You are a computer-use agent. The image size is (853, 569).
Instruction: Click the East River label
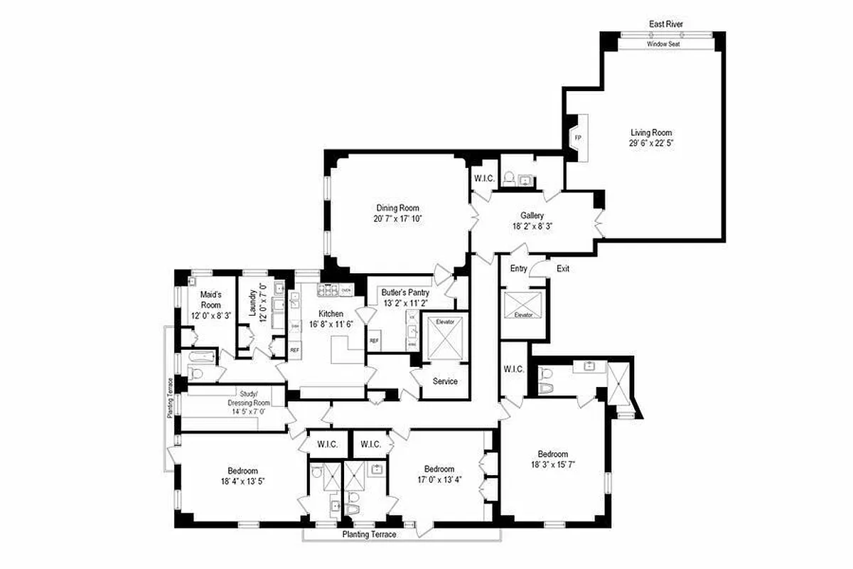[666, 24]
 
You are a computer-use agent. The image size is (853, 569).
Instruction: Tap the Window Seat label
[664, 44]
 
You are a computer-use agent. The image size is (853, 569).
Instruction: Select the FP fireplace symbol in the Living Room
[577, 137]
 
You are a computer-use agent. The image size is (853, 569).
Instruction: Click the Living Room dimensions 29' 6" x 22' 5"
[650, 143]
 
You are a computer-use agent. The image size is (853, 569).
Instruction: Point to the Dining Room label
[399, 208]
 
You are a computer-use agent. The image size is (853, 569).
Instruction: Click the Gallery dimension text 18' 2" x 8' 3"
[532, 225]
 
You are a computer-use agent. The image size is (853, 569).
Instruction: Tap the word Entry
[518, 269]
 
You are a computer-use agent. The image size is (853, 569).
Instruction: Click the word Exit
[563, 269]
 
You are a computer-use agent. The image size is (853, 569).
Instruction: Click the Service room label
[445, 381]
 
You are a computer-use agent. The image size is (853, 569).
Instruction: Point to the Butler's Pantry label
[404, 292]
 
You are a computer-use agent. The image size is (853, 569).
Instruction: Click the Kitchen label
[331, 314]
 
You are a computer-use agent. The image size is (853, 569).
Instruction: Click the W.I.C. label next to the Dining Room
[485, 179]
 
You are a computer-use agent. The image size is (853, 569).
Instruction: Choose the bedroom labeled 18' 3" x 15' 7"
[552, 459]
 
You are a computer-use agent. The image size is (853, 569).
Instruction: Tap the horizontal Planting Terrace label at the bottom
[369, 534]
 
